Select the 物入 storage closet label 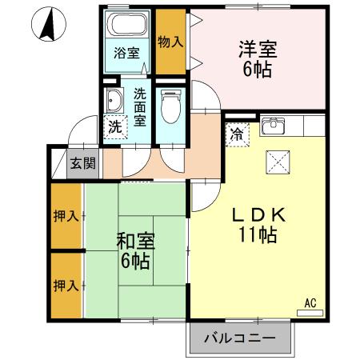170,41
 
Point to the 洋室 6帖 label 257,58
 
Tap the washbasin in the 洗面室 115,102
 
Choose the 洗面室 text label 140,107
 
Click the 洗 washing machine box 115,126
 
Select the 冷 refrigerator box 238,134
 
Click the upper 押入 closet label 66,216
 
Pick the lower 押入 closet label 66,285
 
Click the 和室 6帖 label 135,250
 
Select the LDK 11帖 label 255,225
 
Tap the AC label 311,302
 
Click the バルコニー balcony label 238,338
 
